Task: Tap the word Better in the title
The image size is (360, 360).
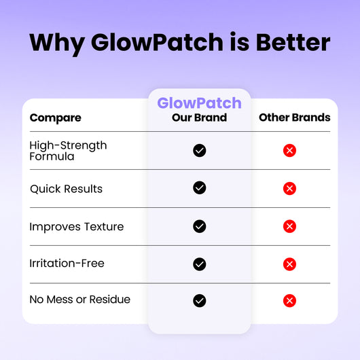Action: pos(293,42)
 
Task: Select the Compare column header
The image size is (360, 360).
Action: pos(55,118)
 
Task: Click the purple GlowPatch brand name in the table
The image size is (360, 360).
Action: pos(199,103)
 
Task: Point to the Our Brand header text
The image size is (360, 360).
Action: pos(199,118)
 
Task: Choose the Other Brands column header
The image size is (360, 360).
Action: pos(294,118)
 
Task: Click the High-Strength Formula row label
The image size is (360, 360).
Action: pos(68,151)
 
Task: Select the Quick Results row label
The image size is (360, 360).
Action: pos(66,189)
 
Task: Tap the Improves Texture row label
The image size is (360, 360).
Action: pos(77,227)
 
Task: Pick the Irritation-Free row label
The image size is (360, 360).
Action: pos(67,263)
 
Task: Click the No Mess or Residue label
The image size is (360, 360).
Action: pos(79,300)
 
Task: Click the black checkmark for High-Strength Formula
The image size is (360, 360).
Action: pos(199,151)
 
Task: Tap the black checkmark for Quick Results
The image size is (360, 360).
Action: pos(199,188)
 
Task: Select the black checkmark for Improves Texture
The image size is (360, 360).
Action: pos(199,226)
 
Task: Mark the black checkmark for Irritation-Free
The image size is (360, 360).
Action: pos(199,264)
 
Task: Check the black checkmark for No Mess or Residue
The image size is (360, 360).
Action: pos(199,300)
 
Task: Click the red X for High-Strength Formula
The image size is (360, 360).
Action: pos(289,151)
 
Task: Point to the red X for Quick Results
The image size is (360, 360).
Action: pos(289,188)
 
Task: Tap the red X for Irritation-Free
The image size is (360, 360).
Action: pos(289,264)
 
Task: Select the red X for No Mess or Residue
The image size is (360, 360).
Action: pos(289,300)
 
